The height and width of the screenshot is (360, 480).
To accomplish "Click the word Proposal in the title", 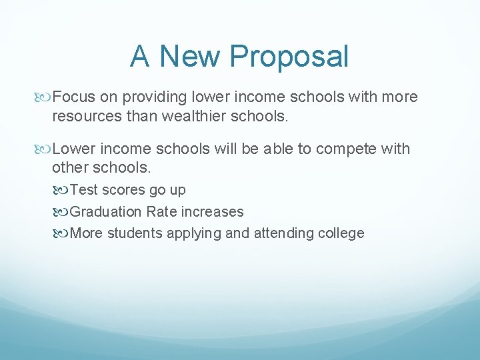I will (289, 57).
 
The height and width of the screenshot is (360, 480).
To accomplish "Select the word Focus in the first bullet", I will (74, 97).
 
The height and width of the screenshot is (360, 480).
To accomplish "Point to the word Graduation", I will (105, 212).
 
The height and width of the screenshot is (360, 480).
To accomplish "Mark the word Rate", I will (161, 212).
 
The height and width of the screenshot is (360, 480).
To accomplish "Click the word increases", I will (212, 212).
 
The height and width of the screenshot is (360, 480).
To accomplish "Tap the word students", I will (137, 233).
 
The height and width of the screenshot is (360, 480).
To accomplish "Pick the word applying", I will (200, 233).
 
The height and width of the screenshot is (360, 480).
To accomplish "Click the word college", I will (341, 233).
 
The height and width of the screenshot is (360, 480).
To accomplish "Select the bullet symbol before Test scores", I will (63, 190).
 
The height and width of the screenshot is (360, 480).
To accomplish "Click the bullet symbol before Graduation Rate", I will (63, 212).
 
